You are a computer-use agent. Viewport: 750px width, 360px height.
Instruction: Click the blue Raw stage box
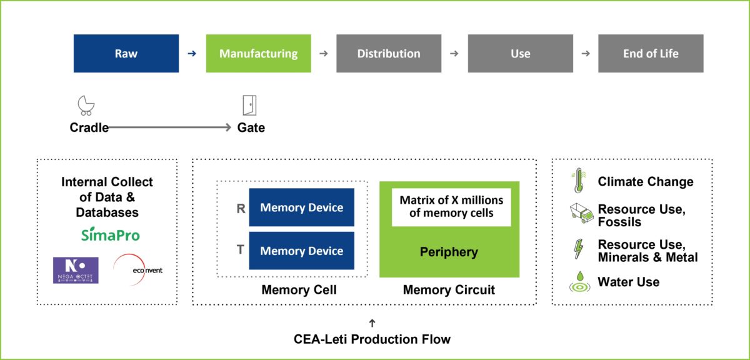[x=126, y=53]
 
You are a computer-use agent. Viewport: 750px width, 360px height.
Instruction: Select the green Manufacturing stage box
[x=258, y=53]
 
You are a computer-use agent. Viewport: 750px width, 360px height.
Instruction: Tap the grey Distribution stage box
[x=389, y=53]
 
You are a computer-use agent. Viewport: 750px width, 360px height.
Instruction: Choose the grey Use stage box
[x=520, y=53]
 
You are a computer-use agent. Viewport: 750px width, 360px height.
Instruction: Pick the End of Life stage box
[x=651, y=53]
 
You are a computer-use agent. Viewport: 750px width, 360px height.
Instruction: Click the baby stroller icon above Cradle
[x=86, y=105]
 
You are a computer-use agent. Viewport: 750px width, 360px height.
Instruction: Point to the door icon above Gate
[x=250, y=105]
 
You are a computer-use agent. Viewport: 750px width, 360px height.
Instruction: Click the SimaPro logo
[x=111, y=234]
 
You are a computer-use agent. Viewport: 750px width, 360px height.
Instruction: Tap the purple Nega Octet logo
[x=76, y=270]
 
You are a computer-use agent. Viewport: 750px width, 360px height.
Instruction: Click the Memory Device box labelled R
[x=301, y=207]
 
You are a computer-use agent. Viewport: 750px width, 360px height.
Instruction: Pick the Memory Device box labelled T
[x=301, y=251]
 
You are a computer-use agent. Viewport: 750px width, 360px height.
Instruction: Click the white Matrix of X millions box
[x=451, y=207]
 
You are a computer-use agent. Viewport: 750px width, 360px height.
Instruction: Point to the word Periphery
[x=449, y=252]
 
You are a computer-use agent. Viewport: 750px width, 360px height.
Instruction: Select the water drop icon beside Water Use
[x=579, y=282]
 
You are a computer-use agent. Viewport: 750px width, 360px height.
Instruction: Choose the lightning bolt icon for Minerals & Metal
[x=578, y=249]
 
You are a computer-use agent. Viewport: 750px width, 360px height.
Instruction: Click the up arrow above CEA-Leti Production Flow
[x=372, y=322]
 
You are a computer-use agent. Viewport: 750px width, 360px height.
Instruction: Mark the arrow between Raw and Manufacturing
[x=192, y=54]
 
